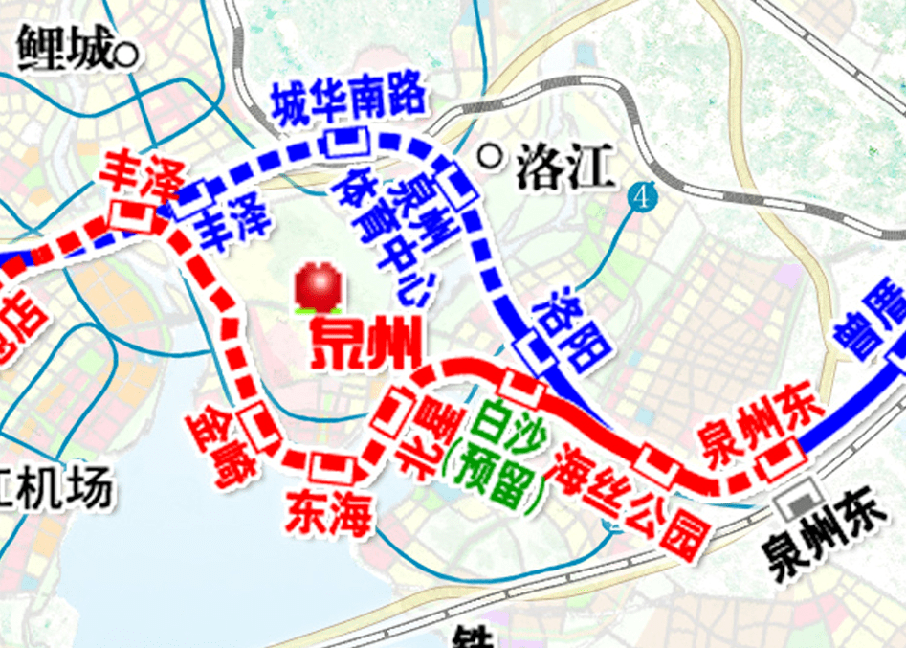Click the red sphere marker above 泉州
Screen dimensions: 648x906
point(318,286)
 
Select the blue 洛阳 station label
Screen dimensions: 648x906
point(571,330)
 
